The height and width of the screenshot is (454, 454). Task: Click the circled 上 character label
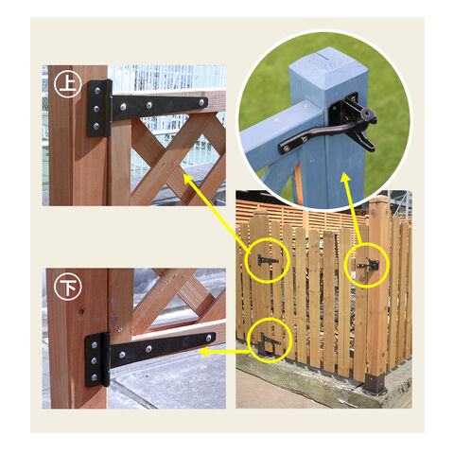68,84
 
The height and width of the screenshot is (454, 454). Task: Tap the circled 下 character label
67,288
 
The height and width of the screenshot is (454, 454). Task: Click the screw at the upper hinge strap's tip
201,102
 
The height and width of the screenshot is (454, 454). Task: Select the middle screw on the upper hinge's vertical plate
96,109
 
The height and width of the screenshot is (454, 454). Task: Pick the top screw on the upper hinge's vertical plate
97,91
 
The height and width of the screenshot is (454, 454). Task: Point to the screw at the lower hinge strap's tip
209,338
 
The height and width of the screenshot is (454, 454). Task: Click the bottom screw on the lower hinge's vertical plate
94,376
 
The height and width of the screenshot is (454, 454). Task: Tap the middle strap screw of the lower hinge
148,349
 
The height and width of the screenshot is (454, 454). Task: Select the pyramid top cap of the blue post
328,62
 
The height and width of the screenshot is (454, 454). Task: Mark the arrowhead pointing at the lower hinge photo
204,352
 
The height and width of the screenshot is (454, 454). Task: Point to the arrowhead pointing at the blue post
345,178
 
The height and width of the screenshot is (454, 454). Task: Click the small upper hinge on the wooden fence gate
268,260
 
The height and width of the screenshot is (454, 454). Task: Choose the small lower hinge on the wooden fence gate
270,340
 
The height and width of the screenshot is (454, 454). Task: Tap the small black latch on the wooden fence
370,264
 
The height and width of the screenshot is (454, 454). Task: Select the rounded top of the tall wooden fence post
379,200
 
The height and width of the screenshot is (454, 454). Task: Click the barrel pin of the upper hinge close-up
109,109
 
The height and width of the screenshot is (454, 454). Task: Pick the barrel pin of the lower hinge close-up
106,359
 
